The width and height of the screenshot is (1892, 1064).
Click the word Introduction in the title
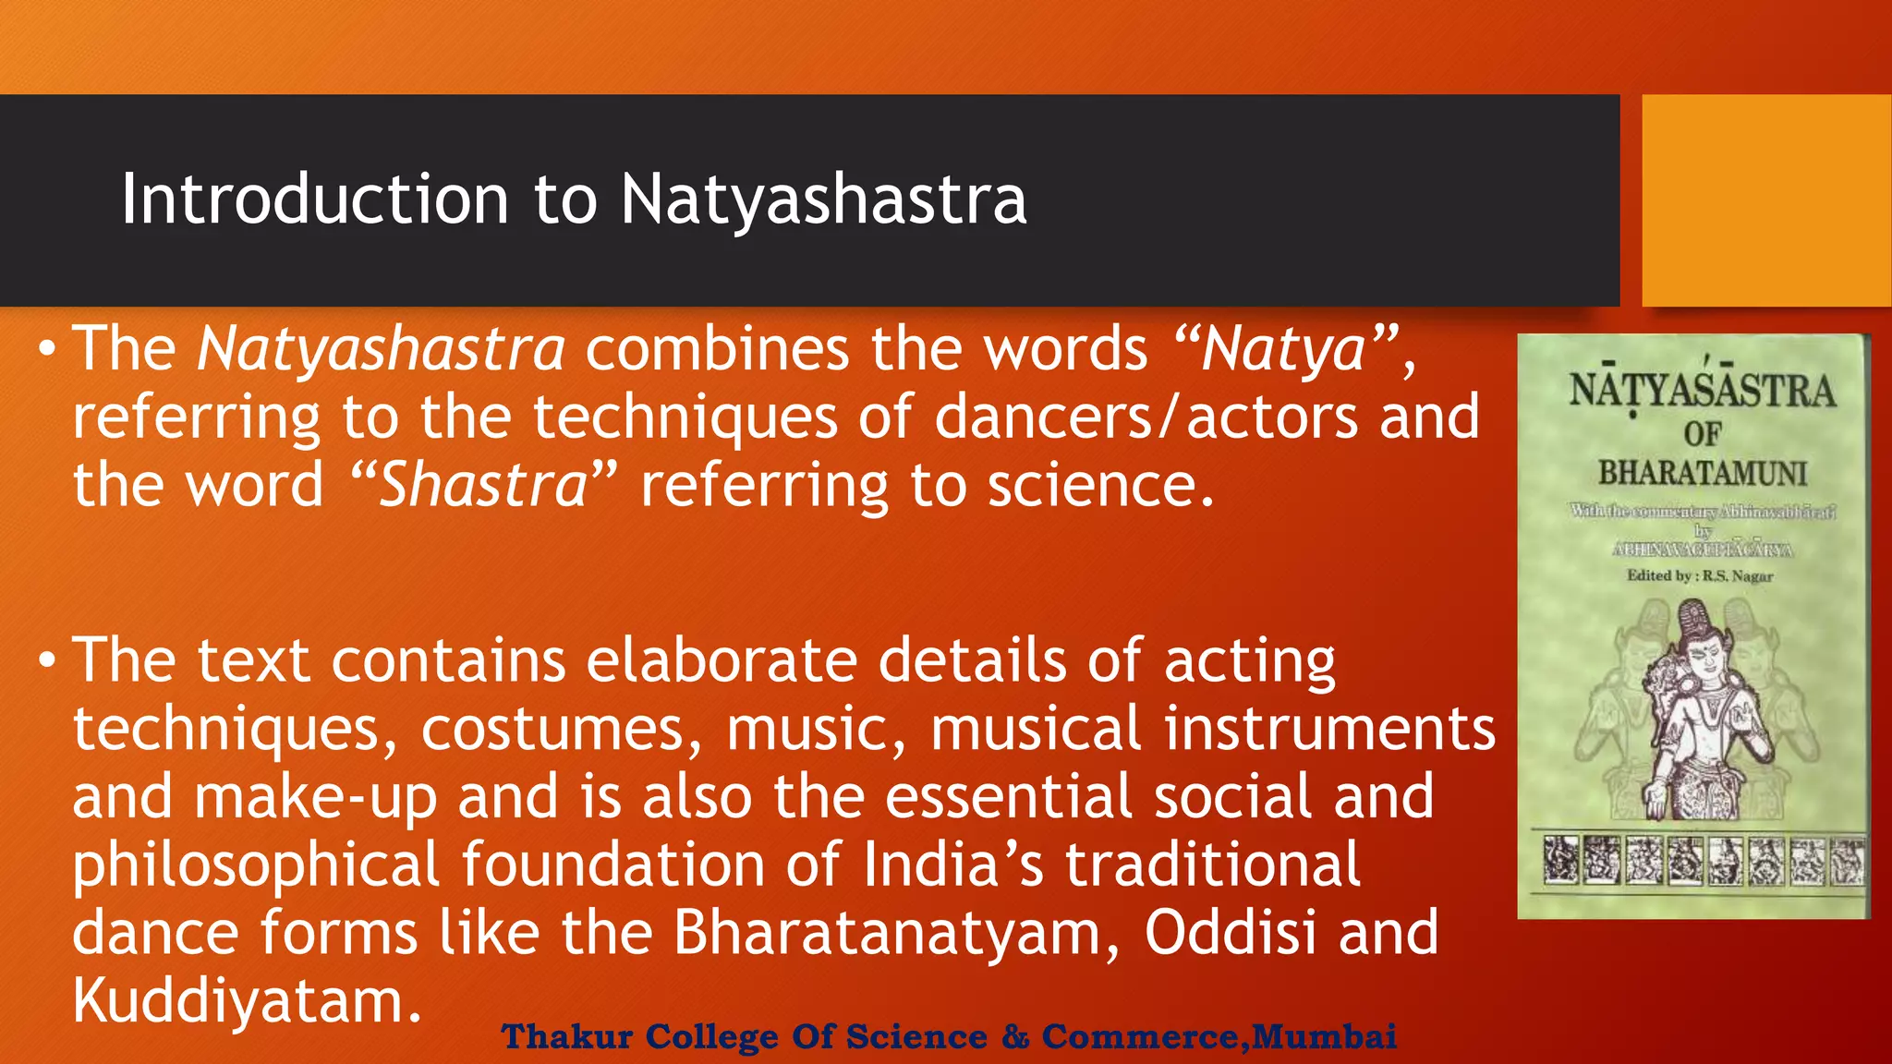(x=314, y=199)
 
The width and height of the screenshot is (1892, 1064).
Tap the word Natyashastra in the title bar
(x=823, y=199)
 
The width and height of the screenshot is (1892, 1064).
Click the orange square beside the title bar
(x=1765, y=200)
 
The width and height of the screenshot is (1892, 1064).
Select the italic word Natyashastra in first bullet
(x=381, y=349)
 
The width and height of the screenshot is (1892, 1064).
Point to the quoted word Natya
(x=1284, y=349)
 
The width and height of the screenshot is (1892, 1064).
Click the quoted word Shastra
(x=483, y=486)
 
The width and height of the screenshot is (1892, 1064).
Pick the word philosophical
(x=256, y=865)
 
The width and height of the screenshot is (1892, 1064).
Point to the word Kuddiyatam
(x=238, y=1001)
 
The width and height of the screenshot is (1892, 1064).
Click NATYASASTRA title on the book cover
(x=1702, y=391)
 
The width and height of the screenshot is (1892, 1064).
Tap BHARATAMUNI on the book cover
(x=1702, y=474)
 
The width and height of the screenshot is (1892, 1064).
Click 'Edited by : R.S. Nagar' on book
(x=1700, y=576)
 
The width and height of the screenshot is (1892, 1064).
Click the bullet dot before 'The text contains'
(x=46, y=661)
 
